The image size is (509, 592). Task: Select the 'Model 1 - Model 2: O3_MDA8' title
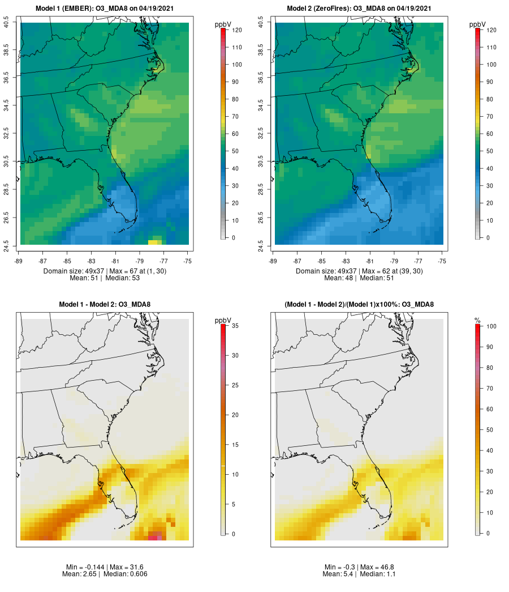(x=105, y=305)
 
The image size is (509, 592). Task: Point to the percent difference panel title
(x=359, y=305)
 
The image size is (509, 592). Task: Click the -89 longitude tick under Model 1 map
(x=20, y=261)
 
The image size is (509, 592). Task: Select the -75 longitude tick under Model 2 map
(x=442, y=261)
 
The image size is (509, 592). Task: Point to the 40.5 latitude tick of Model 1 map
(x=6, y=23)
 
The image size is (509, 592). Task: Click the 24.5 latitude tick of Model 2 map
(x=261, y=245)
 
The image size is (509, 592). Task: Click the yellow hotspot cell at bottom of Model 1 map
(x=153, y=242)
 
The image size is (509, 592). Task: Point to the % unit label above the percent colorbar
(x=478, y=321)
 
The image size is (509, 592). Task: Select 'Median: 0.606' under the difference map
(x=124, y=574)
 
